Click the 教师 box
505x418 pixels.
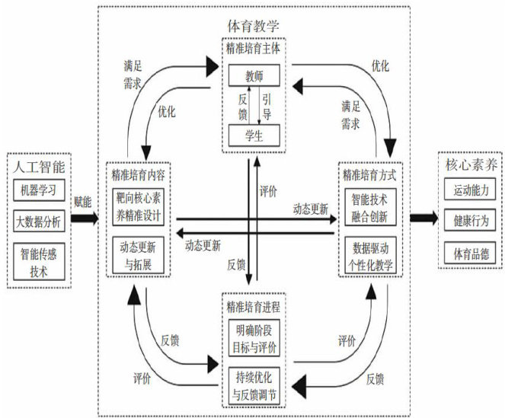tap(254, 76)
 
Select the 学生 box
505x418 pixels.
tap(254, 137)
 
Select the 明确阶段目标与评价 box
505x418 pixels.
tap(254, 338)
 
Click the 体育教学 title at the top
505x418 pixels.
tap(253, 26)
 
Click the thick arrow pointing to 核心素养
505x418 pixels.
tap(422, 219)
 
